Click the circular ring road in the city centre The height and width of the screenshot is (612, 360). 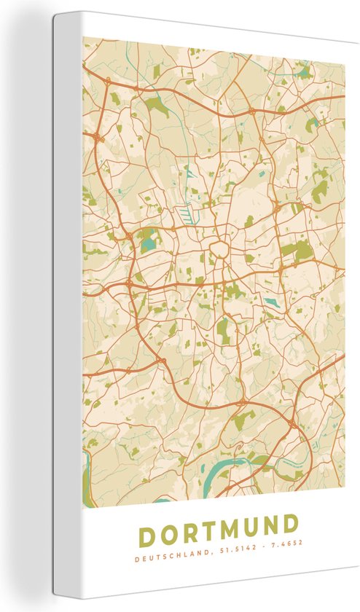218,250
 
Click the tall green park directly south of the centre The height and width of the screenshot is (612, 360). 222,328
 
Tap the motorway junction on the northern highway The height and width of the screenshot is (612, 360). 251,111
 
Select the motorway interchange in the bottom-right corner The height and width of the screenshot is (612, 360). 292,423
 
